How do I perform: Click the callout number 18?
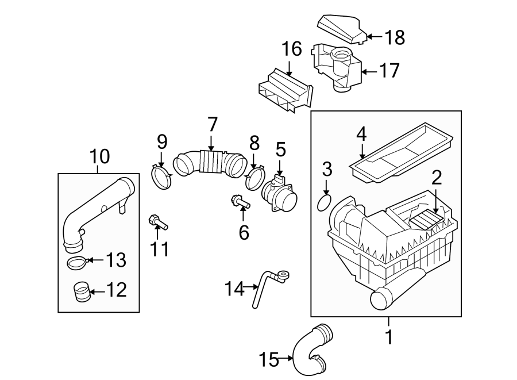pyautogui.click(x=395, y=37)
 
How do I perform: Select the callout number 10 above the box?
pyautogui.click(x=98, y=156)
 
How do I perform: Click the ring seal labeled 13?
pyautogui.click(x=76, y=263)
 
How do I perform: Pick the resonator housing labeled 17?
pyautogui.click(x=335, y=66)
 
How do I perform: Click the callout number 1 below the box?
pyautogui.click(x=389, y=337)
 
